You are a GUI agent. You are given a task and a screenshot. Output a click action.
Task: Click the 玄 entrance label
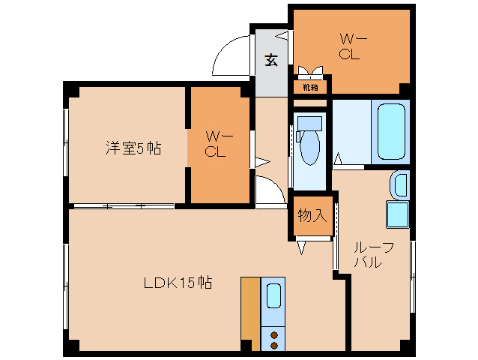pyautogui.click(x=271, y=61)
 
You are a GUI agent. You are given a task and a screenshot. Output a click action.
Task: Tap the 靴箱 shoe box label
pyautogui.click(x=310, y=87)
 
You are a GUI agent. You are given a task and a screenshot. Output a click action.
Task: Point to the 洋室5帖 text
pyautogui.click(x=132, y=148)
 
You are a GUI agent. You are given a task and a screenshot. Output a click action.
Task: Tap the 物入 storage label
pyautogui.click(x=311, y=216)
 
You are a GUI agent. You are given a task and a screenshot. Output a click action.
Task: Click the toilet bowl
pyautogui.click(x=309, y=148)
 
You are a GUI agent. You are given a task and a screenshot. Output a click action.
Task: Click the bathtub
pyautogui.click(x=392, y=132)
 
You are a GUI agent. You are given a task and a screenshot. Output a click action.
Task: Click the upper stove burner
pyautogui.click(x=273, y=335)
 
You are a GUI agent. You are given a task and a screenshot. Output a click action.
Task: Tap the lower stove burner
pyautogui.click(x=273, y=346)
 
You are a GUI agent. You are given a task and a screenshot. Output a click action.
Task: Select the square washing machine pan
pyautogui.click(x=397, y=214)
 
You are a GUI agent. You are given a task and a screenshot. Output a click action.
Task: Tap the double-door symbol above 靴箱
pyautogui.click(x=311, y=73)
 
